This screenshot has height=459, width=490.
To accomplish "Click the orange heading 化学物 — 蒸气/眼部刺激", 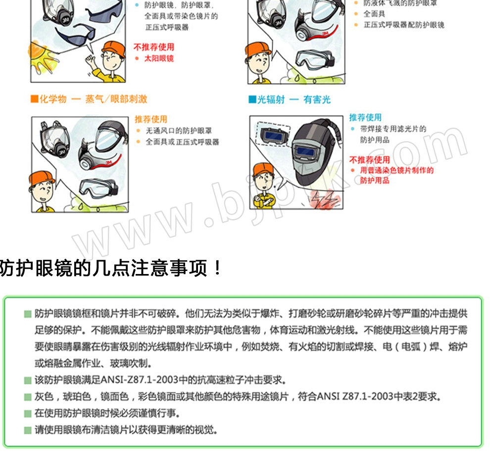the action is pos(93,99).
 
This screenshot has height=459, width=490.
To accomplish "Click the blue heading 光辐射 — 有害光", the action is pos(294,99).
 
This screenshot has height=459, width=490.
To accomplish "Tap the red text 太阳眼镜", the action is pos(159,58).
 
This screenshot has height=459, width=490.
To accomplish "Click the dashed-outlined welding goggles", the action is pos(273,134).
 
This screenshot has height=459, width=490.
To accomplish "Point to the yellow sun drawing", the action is pos(42,58).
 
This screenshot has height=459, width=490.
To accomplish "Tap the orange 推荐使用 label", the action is pos(151,119).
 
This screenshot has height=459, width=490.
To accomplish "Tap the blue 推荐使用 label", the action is pos(365,117).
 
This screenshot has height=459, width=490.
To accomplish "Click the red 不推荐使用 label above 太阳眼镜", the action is pos(154,47).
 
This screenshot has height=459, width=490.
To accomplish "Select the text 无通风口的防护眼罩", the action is pos(179,131).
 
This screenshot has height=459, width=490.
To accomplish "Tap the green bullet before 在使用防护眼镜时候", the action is pos(28,414).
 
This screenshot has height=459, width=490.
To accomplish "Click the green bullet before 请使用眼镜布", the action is pos(28,431).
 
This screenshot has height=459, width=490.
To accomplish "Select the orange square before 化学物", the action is pos(34,98).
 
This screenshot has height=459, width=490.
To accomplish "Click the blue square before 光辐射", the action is pos(252,99).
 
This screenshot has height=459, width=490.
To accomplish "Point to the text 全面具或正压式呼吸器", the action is pos(183,142).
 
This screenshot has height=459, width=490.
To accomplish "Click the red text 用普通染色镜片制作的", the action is pos(397,170).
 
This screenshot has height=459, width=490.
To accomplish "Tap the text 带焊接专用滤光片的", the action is pos(393,129).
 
